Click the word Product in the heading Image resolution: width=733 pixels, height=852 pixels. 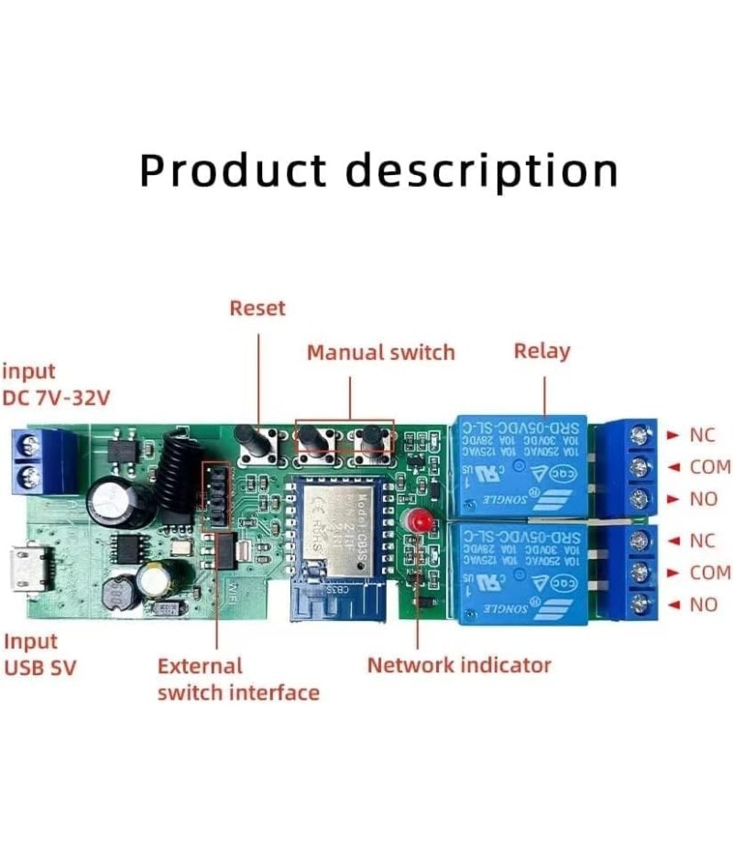click(x=233, y=170)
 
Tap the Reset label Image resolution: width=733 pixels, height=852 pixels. click(x=257, y=309)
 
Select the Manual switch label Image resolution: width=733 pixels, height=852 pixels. click(x=380, y=352)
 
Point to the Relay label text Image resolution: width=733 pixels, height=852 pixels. click(x=542, y=350)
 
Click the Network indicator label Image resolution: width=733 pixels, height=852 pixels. click(x=459, y=665)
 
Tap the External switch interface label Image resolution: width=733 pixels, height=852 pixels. click(x=238, y=679)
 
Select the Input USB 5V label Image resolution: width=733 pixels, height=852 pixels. click(x=39, y=654)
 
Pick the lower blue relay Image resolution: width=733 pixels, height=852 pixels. click(x=520, y=572)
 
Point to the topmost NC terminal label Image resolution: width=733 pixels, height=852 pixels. click(x=703, y=433)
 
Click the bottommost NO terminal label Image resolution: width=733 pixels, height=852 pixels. click(x=703, y=605)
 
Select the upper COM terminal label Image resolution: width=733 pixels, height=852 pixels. click(x=709, y=467)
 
